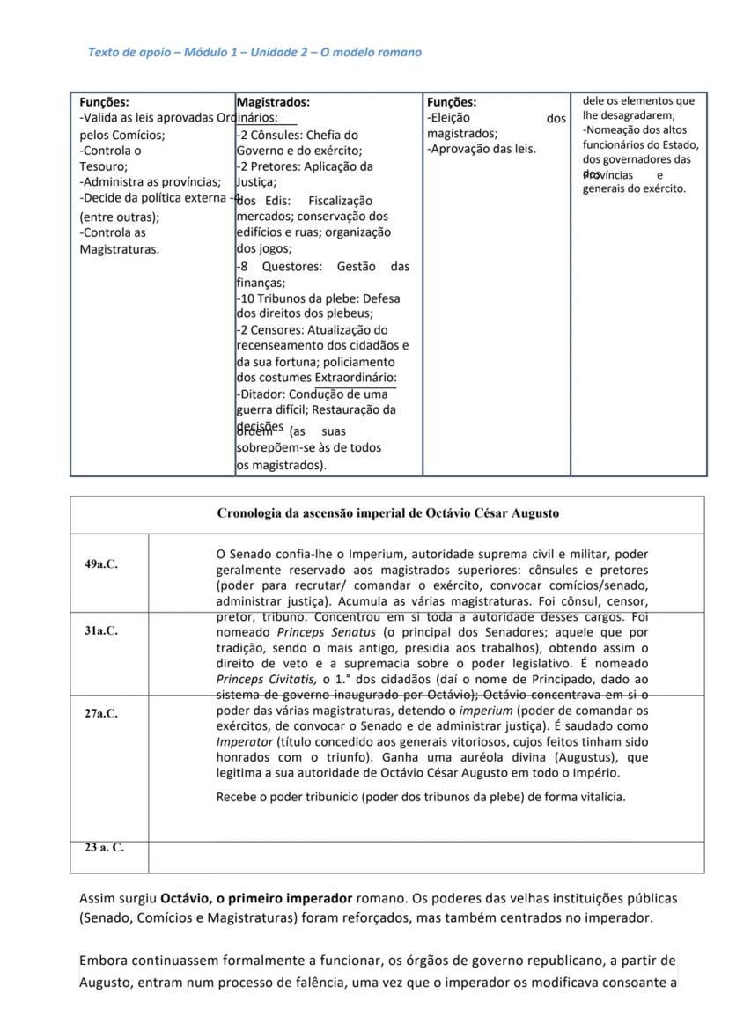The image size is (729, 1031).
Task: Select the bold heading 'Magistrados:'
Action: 273,102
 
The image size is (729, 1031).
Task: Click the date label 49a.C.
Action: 100,564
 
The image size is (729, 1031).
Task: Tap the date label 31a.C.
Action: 100,630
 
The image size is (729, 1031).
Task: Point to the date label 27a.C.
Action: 100,713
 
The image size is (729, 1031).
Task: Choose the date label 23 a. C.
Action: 104,848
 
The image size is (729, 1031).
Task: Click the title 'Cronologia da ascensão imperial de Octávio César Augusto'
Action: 387,513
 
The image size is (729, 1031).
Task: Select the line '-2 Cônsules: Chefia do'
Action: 298,135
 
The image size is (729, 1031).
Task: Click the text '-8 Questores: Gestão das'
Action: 323,267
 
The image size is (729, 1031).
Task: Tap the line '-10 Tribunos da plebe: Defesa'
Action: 318,298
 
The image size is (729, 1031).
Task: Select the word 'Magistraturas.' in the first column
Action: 120,249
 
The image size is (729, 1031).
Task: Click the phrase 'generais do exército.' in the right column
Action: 633,188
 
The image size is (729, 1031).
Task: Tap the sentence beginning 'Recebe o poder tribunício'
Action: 421,797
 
